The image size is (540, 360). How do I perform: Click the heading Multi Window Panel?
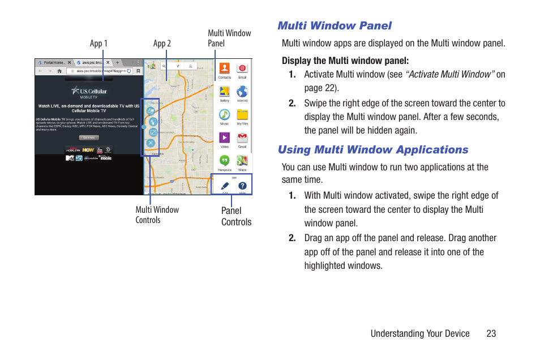[x=334, y=25]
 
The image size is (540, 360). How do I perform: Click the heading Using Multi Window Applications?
[x=372, y=149]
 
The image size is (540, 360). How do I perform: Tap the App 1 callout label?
[x=98, y=44]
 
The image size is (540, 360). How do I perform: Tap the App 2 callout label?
[x=162, y=44]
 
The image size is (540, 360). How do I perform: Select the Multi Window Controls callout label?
[x=157, y=215]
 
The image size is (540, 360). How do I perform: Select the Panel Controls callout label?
[x=236, y=216]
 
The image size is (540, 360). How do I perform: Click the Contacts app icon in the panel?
[x=225, y=68]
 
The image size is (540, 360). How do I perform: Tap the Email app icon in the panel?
[x=242, y=68]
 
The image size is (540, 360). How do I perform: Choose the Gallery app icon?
[x=225, y=92]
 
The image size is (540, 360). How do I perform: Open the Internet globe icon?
[x=242, y=92]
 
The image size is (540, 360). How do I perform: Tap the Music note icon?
[x=225, y=114]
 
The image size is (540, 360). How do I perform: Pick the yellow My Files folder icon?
[x=242, y=114]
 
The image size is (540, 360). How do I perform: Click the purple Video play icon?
[x=225, y=138]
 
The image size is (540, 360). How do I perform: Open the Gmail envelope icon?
[x=242, y=138]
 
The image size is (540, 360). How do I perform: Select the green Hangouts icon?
[x=225, y=160]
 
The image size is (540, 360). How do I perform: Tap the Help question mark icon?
[x=242, y=186]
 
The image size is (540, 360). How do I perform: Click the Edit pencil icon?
[x=225, y=186]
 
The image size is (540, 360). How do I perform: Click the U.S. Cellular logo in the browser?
[x=89, y=91]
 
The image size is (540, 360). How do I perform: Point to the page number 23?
[x=491, y=333]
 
